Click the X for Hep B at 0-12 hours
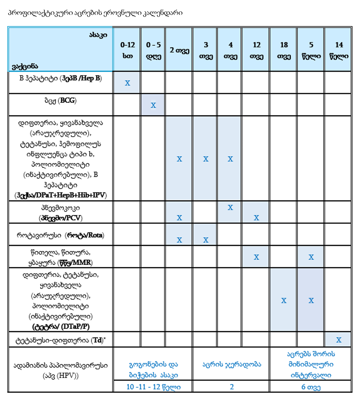click(x=127, y=83)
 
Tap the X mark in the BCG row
click(x=153, y=105)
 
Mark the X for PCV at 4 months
click(x=230, y=208)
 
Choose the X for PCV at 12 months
click(x=256, y=217)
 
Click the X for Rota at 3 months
click(x=206, y=240)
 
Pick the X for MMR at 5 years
click(x=311, y=257)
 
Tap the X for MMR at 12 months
click(x=256, y=257)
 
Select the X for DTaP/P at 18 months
click(x=284, y=300)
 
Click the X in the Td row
click(x=339, y=340)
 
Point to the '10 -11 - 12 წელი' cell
click(x=153, y=387)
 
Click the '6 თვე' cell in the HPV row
click(x=311, y=387)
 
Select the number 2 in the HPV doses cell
click(x=232, y=387)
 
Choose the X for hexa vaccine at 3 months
click(x=206, y=159)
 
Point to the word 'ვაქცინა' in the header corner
click(x=25, y=66)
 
